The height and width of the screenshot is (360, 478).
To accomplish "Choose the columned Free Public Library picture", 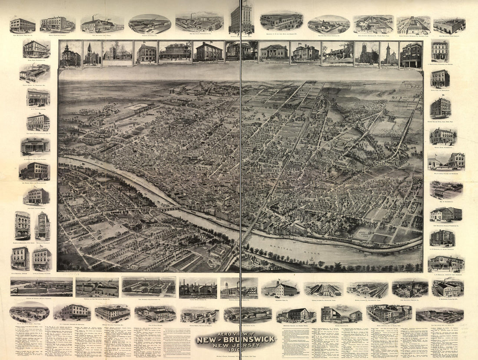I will pos(274,53).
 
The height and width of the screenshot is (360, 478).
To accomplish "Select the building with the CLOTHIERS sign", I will pos(42,259).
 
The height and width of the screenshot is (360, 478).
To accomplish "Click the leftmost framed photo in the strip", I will pos(70,54).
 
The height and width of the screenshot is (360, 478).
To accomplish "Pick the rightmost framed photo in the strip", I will pos(411,54).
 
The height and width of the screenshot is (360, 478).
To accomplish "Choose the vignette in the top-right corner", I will pos(449,25).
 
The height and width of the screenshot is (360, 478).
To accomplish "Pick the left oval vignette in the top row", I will pos(149,24).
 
